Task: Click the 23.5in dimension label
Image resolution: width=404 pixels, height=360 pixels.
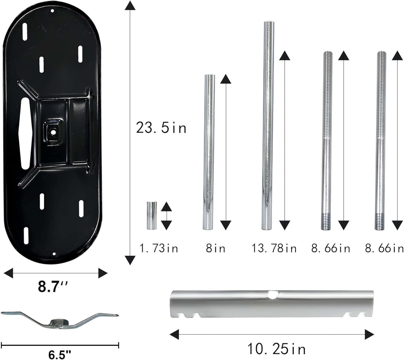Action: click(161, 128)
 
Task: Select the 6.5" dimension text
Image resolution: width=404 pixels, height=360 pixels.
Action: click(60, 355)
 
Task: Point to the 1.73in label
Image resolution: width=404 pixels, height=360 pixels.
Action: click(159, 248)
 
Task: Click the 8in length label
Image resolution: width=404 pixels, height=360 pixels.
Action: click(215, 248)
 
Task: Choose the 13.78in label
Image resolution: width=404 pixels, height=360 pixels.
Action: click(274, 248)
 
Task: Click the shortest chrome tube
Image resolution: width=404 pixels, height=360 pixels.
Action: click(152, 216)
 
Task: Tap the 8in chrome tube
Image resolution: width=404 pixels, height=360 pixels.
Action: click(209, 152)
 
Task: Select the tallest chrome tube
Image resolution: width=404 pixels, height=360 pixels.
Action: click(268, 125)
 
